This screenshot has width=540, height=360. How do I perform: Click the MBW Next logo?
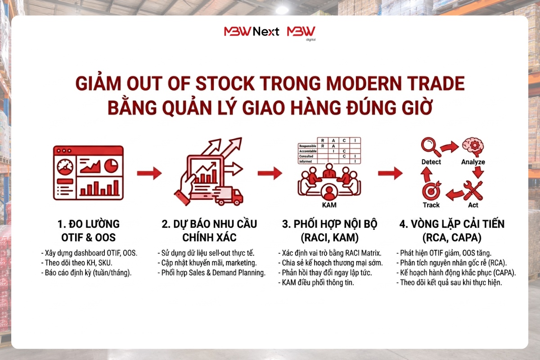pos(252,31)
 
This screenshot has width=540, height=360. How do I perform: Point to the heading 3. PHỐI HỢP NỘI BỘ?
pos(330,224)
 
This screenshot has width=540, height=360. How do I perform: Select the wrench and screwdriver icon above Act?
pos(473,190)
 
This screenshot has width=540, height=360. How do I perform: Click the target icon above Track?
pos(431,191)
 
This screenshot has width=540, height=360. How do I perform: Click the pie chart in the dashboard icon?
pos(111,166)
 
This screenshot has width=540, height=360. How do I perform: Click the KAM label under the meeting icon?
pos(330,205)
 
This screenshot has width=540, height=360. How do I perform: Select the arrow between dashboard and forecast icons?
pos(149,173)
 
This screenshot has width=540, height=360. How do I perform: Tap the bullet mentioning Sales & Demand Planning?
pos(211,273)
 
